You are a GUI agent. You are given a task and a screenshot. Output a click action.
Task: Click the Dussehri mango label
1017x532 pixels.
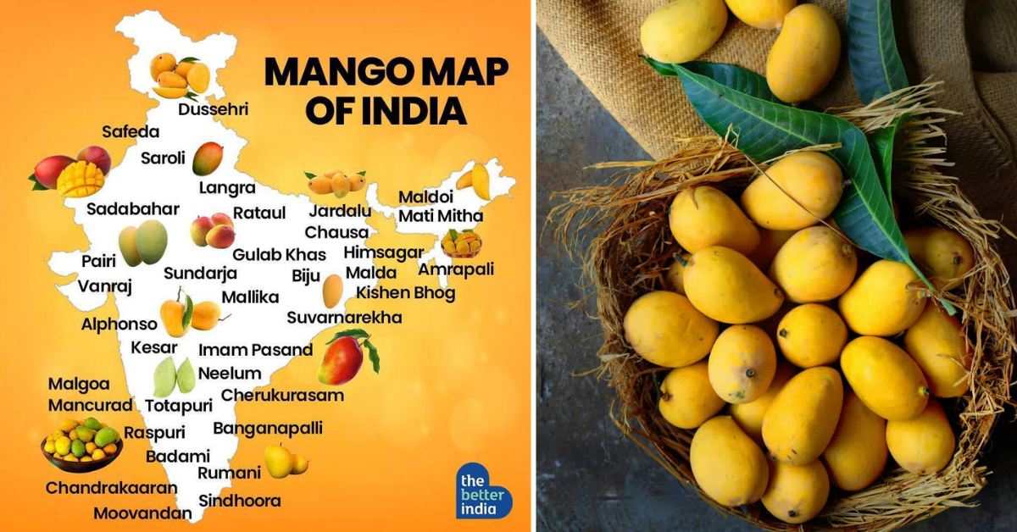[213, 109]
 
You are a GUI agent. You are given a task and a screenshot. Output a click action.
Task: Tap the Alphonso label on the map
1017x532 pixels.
[119, 324]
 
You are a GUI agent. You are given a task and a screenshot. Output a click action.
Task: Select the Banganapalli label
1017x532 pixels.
[268, 428]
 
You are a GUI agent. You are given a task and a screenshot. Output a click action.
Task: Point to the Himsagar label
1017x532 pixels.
[383, 252]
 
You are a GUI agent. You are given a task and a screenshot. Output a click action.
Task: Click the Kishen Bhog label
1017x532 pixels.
[405, 293]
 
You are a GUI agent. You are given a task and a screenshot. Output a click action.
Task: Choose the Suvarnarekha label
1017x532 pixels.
[344, 318]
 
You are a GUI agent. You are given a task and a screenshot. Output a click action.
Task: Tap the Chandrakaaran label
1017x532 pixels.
[111, 488]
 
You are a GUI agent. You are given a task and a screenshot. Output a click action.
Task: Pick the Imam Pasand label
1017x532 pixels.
[255, 349]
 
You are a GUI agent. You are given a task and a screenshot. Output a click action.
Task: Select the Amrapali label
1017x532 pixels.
[456, 269]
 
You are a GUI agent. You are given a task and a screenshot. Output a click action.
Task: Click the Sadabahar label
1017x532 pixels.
[132, 208]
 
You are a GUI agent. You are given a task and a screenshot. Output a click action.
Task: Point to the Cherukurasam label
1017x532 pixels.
[282, 395]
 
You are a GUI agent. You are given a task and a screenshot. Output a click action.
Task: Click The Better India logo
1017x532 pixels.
[484, 491]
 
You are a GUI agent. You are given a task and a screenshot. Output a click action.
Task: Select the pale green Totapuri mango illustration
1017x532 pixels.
[175, 377]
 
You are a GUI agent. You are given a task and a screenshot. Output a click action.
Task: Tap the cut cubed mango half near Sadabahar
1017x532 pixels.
[81, 179]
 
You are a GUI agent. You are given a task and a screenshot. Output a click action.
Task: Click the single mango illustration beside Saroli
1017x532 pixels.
[207, 158]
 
